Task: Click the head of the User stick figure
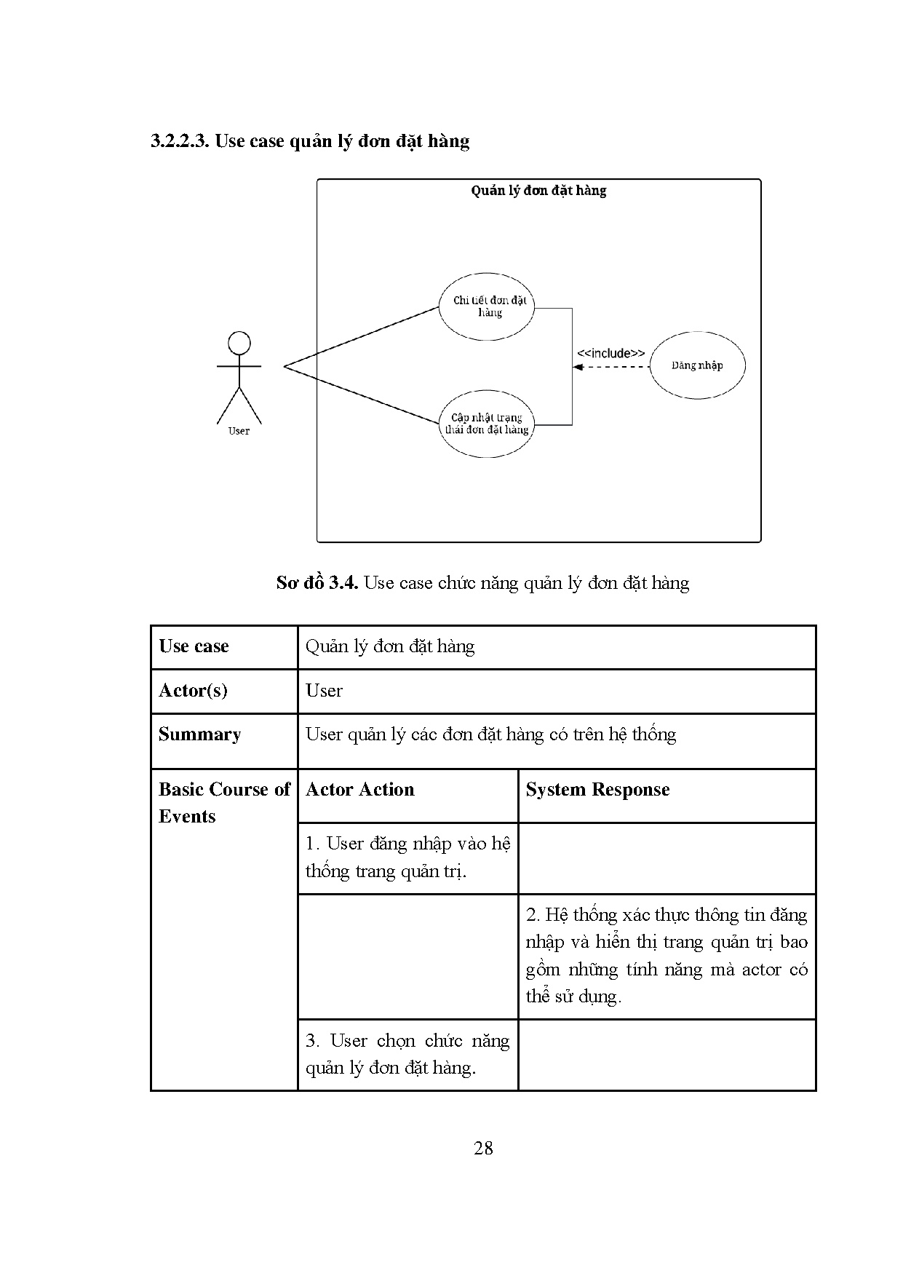point(239,343)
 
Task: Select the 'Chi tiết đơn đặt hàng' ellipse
point(487,306)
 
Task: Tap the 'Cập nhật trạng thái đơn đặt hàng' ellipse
point(487,424)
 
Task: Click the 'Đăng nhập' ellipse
point(697,365)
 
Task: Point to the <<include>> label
point(610,353)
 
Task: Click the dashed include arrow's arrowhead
point(578,367)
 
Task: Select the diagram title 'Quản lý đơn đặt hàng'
point(538,191)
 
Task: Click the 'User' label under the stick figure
point(239,431)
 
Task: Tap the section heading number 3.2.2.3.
point(180,140)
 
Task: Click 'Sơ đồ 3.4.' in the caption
point(317,583)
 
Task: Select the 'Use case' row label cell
point(194,646)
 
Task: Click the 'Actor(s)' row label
point(193,690)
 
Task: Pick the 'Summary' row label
point(199,734)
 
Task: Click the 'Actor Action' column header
point(360,790)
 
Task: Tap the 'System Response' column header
point(597,790)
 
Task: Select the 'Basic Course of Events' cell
point(223,803)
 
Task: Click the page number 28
point(483,1148)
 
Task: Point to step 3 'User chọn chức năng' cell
point(407,1054)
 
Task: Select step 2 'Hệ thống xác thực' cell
point(667,955)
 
